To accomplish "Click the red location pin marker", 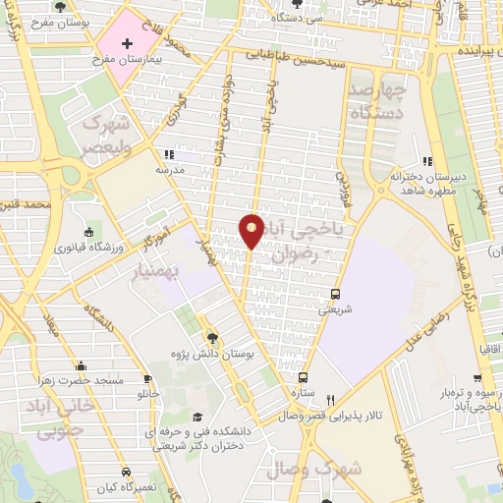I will tap(251, 230).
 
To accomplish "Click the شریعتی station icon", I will tap(336, 294).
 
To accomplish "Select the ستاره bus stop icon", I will tap(303, 377).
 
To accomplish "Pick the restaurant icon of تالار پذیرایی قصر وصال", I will tap(331, 400).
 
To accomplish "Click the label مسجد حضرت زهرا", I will tap(80, 379).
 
